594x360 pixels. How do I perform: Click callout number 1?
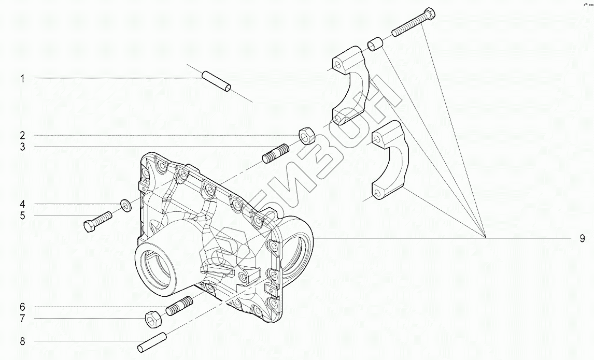coord(22,79)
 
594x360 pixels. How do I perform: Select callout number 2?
coord(22,136)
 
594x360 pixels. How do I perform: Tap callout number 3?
coord(22,147)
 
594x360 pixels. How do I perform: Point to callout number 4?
coord(22,204)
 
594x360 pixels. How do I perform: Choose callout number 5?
coord(22,215)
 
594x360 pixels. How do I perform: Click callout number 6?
coord(22,307)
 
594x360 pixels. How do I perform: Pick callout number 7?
coord(22,319)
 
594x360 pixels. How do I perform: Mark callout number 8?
coord(22,342)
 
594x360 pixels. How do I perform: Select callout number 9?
coord(583,238)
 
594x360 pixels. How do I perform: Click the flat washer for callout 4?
coord(126,206)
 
